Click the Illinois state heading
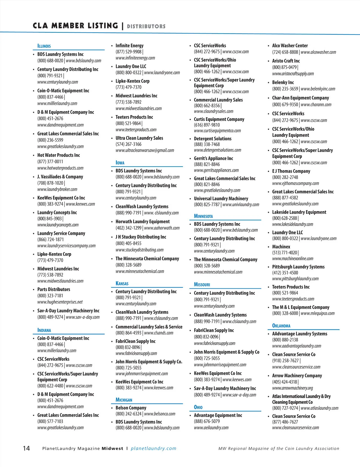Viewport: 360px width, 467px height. coord(44,46)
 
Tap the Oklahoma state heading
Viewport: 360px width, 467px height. coord(281,326)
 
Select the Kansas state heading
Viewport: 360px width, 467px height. coord(122,284)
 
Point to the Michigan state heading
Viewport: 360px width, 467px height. coord(124,400)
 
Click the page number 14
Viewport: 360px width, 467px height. coord(26,448)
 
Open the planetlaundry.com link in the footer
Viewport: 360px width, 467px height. coord(154,449)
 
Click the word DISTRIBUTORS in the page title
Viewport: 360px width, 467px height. coord(146,26)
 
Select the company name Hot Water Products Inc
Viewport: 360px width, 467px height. coord(58,155)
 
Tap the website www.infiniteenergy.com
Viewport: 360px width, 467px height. coord(135,58)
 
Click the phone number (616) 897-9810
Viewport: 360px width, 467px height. coord(207,125)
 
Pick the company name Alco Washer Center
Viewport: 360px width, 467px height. coord(290,46)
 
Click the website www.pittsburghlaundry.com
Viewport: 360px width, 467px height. coord(295,279)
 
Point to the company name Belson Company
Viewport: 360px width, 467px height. coord(131,408)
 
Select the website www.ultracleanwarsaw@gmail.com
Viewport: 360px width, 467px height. coord(145,150)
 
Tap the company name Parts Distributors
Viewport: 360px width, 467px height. coord(54,290)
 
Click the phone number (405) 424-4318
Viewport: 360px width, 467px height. coord(284,382)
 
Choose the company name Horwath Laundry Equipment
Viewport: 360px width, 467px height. coord(142,222)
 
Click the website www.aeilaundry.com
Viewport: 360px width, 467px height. coord(211,428)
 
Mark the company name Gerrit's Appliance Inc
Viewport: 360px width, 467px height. coord(213,159)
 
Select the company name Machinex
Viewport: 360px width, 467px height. coord(281,247)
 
